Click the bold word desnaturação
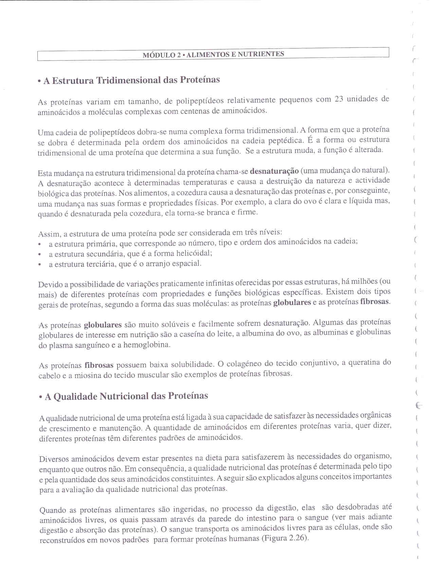click(x=274, y=170)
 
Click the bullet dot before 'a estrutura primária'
click(x=40, y=244)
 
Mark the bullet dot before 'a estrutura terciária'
click(x=40, y=265)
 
